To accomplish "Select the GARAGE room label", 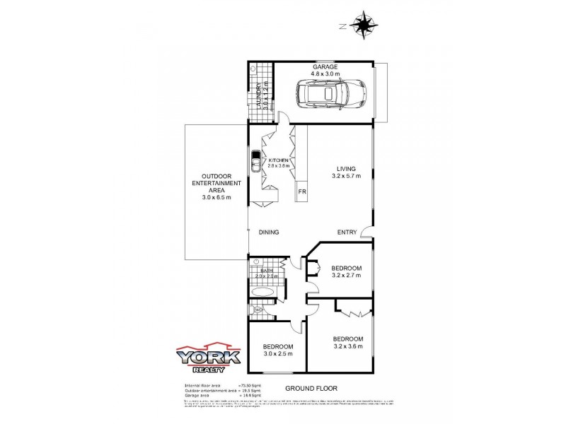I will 326,67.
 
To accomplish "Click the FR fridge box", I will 301,192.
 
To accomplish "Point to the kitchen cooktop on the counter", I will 255,162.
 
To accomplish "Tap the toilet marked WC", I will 257,310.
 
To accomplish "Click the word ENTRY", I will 347,232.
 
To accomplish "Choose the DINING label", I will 269,232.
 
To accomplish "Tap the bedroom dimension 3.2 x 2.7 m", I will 347,276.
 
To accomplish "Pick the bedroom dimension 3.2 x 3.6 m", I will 347,346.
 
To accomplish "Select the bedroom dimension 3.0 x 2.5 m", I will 278,353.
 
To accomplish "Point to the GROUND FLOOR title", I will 311,389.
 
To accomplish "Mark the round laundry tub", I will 253,69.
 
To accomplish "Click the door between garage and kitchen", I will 282,118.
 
